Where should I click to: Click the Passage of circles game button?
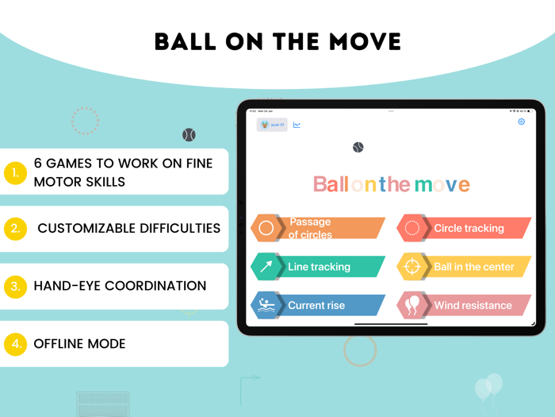tap(317, 228)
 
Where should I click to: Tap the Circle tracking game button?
tap(464, 228)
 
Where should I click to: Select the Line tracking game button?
tap(317, 267)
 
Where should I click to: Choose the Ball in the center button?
tap(464, 267)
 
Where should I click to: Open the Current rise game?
tap(317, 305)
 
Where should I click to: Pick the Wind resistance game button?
tap(464, 305)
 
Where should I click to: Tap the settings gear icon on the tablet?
tap(521, 122)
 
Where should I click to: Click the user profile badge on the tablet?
tap(272, 125)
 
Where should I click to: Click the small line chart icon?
tap(297, 125)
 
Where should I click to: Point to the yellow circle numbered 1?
tap(15, 172)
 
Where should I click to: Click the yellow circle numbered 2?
tap(15, 230)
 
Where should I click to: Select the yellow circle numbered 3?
tap(15, 287)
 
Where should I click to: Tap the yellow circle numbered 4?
tap(15, 344)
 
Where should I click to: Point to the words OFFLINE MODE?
tap(79, 344)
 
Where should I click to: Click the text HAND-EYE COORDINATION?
tap(120, 286)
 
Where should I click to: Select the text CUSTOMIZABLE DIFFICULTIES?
tap(128, 229)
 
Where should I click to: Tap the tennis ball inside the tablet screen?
tap(358, 148)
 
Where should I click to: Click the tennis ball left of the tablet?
tap(189, 135)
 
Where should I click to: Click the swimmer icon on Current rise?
tap(266, 306)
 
